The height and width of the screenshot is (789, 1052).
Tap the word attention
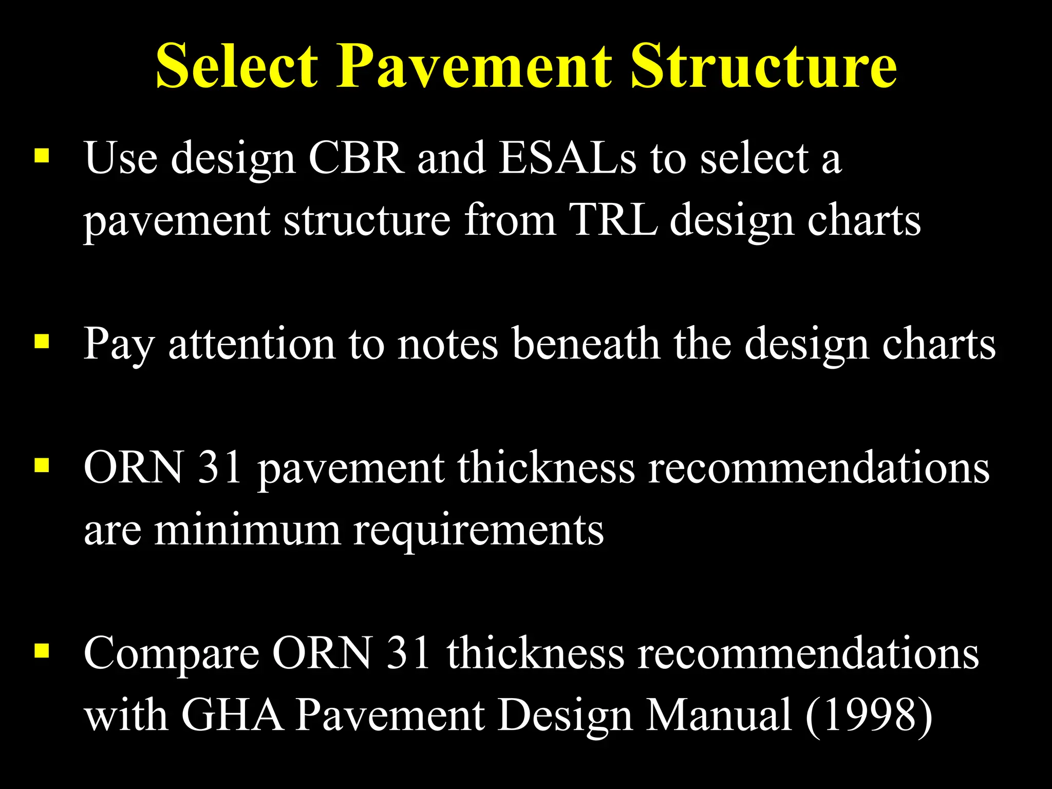coord(252,344)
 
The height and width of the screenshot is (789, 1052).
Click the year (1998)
coord(869,715)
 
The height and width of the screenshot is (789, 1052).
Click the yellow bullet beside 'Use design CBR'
coord(42,156)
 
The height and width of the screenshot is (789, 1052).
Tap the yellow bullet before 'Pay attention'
coord(42,342)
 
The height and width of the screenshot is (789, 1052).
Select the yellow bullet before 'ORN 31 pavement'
coord(42,465)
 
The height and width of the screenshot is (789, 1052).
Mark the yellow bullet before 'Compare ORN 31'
coord(42,651)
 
